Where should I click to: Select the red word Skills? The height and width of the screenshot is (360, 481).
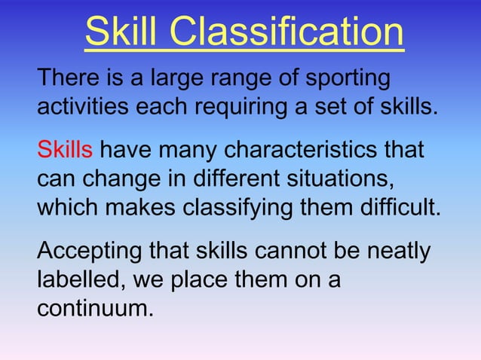[x=65, y=149]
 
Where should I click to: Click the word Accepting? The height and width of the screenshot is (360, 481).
[x=93, y=251]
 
